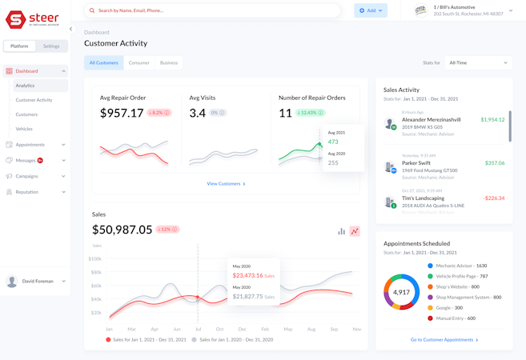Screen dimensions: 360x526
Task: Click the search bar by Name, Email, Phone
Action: [x=212, y=10]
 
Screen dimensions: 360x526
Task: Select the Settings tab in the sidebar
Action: [x=51, y=46]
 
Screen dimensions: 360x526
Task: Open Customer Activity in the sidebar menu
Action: [x=34, y=100]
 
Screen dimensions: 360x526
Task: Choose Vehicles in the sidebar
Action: [x=24, y=129]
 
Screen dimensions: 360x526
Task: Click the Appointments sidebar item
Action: [x=30, y=145]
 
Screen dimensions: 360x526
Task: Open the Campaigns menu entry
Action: [x=27, y=176]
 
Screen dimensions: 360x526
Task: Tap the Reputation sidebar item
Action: [x=27, y=192]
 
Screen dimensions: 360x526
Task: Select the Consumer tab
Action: [x=139, y=62]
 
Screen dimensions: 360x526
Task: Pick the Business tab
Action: [x=169, y=62]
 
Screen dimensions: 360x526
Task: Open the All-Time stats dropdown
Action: [x=478, y=62]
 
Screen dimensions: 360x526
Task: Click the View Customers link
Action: [x=226, y=184]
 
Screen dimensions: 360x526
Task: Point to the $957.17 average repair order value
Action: [x=122, y=114]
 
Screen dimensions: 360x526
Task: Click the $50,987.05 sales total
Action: [x=122, y=230]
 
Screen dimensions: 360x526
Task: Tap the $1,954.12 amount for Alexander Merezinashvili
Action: [x=492, y=120]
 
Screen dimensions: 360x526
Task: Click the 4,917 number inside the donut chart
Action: [x=401, y=293]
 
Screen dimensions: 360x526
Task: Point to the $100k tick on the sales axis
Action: [x=94, y=259]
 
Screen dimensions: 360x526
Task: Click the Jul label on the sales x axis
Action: [x=199, y=329]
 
